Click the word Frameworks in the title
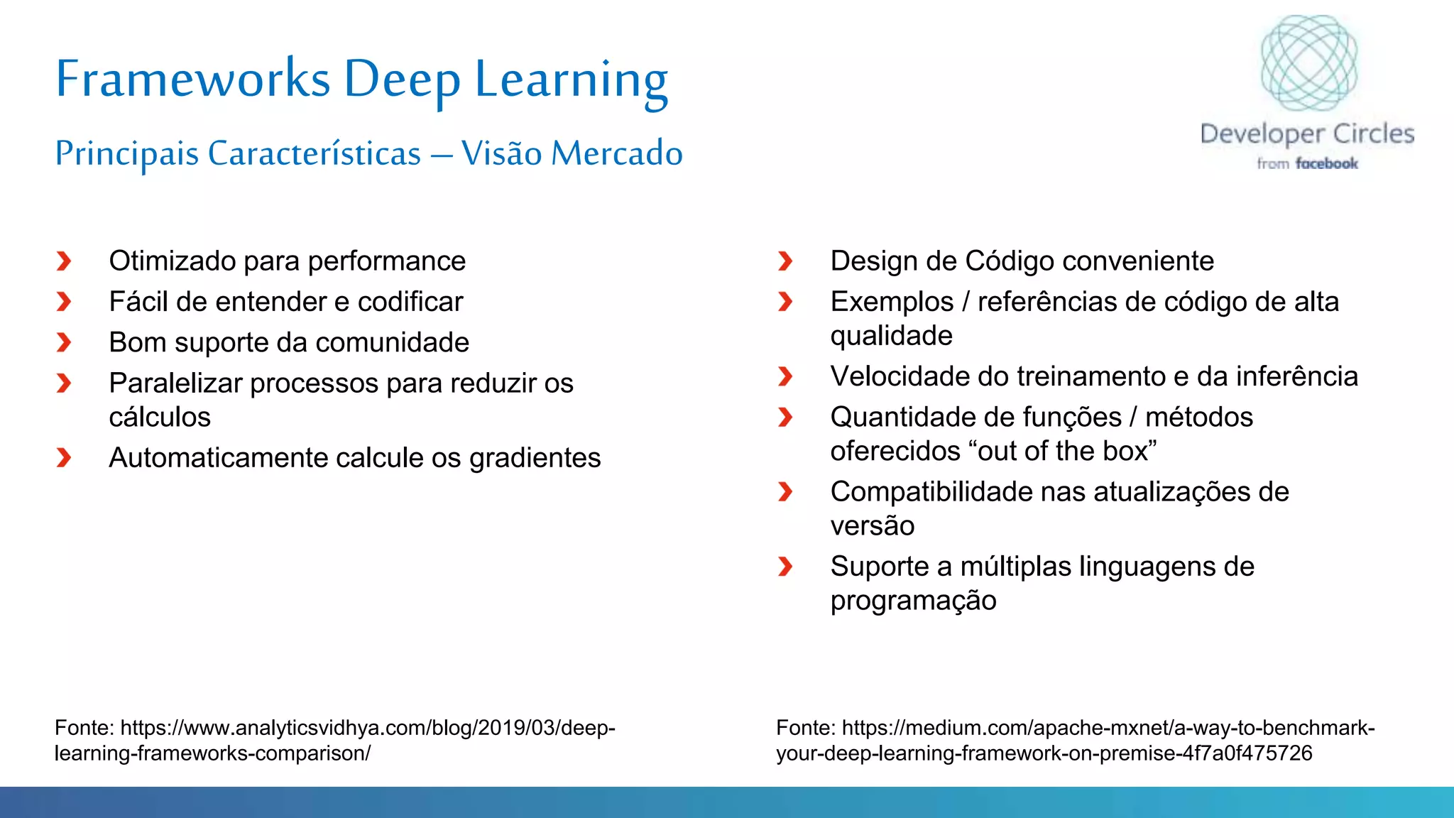tap(193, 78)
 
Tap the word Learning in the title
tap(572, 80)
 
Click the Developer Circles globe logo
tap(1308, 63)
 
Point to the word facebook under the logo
tap(1326, 164)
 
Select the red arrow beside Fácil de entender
tap(64, 302)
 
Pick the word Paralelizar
tap(176, 383)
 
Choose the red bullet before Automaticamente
tap(64, 458)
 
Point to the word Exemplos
tap(892, 302)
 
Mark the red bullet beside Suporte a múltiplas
tap(785, 567)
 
